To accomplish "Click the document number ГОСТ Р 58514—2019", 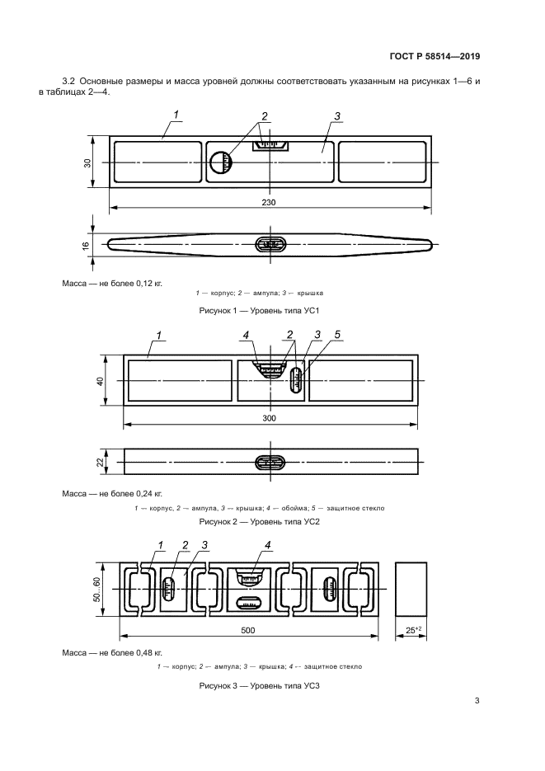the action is (x=435, y=56).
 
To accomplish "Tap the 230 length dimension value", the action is (x=269, y=202).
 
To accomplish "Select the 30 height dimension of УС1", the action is (x=87, y=162).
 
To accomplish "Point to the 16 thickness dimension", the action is (x=86, y=245).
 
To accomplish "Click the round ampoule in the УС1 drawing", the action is (x=221, y=162).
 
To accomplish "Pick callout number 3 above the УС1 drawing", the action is (x=337, y=116).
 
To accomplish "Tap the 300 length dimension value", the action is (x=270, y=418).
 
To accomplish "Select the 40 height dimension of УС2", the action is (x=101, y=381).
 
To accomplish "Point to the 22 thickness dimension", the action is (x=101, y=462).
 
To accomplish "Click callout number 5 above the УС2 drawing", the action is (x=337, y=335).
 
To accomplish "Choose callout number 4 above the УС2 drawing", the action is (x=246, y=335).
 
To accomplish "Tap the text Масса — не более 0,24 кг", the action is (x=112, y=493).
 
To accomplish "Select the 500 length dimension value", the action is (x=248, y=630).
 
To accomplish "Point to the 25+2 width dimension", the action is (x=411, y=630).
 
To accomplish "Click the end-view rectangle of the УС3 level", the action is (x=411, y=590).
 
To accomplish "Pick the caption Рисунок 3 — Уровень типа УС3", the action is (x=260, y=685).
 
